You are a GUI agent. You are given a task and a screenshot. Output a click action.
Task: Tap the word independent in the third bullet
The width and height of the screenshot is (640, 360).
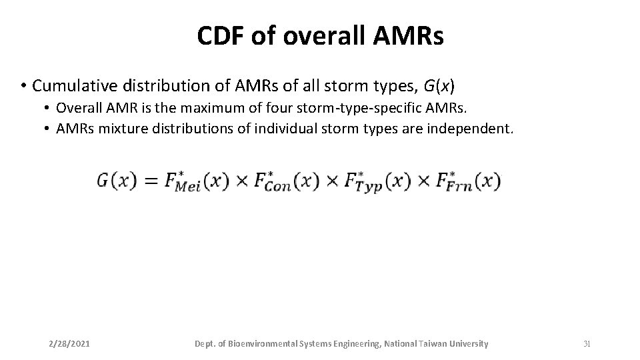pos(477,128)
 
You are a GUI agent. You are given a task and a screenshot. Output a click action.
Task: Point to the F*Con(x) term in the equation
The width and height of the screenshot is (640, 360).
pos(284,181)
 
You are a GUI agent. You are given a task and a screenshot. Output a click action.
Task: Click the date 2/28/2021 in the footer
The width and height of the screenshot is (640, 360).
pos(69,344)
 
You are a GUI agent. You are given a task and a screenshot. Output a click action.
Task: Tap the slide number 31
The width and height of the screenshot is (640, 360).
pos(587,344)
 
